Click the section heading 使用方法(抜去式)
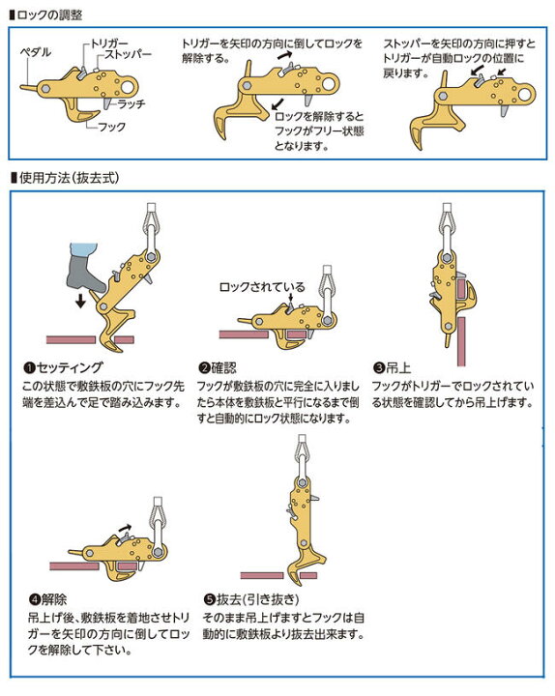[x=69, y=178]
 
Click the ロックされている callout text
[x=261, y=287]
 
